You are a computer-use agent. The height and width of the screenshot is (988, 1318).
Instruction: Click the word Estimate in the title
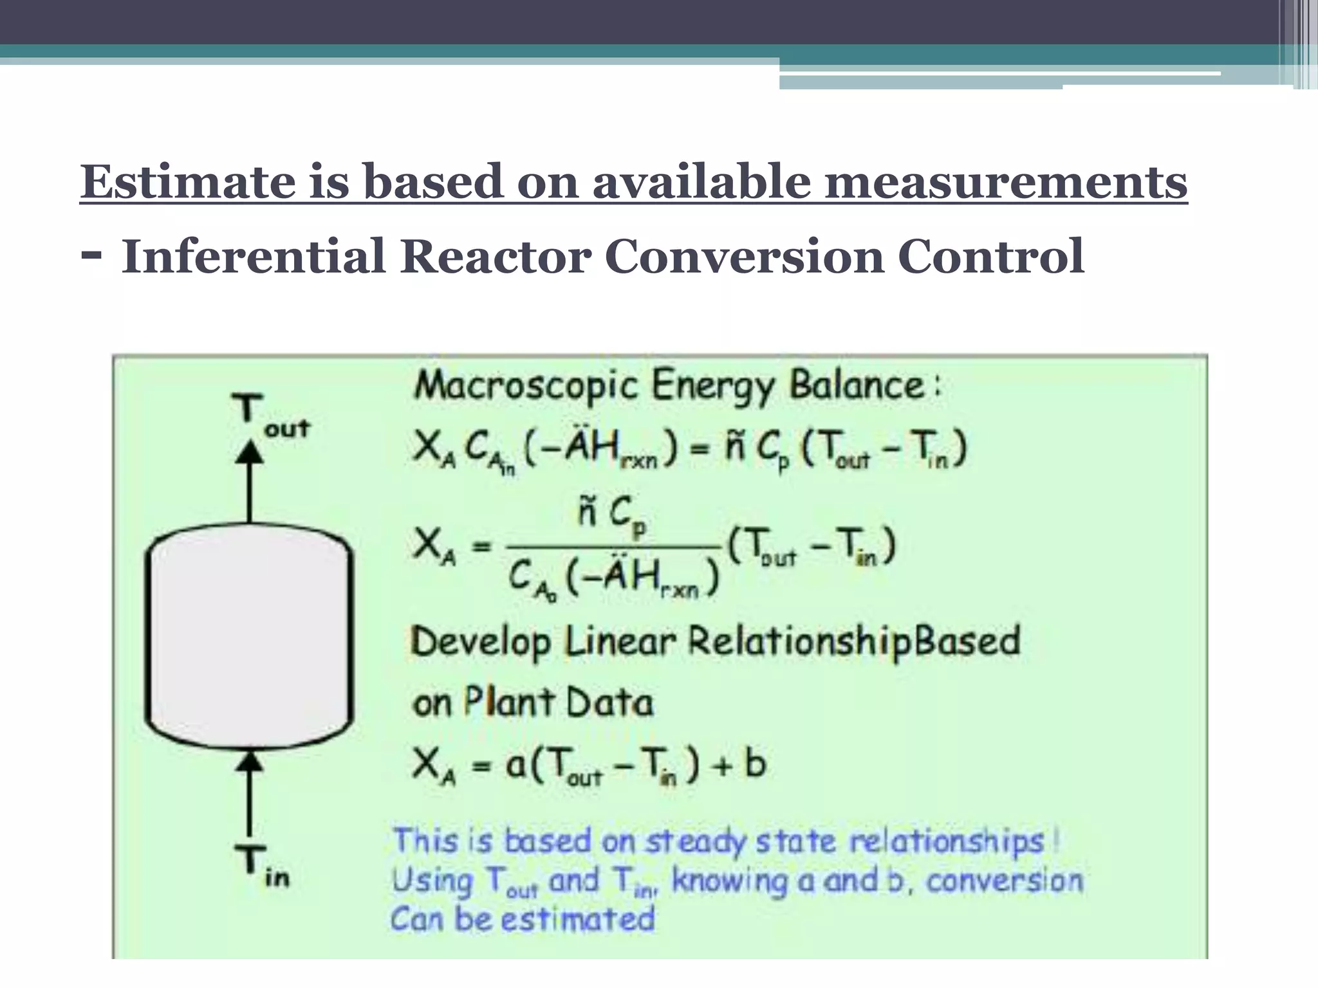(x=187, y=183)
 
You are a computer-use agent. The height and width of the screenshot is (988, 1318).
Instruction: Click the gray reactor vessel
(x=250, y=637)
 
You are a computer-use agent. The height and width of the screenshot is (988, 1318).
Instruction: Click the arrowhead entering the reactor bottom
(x=250, y=762)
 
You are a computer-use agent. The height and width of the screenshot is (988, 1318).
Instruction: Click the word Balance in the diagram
(x=856, y=386)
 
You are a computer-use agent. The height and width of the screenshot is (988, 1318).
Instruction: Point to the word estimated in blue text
(x=577, y=919)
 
